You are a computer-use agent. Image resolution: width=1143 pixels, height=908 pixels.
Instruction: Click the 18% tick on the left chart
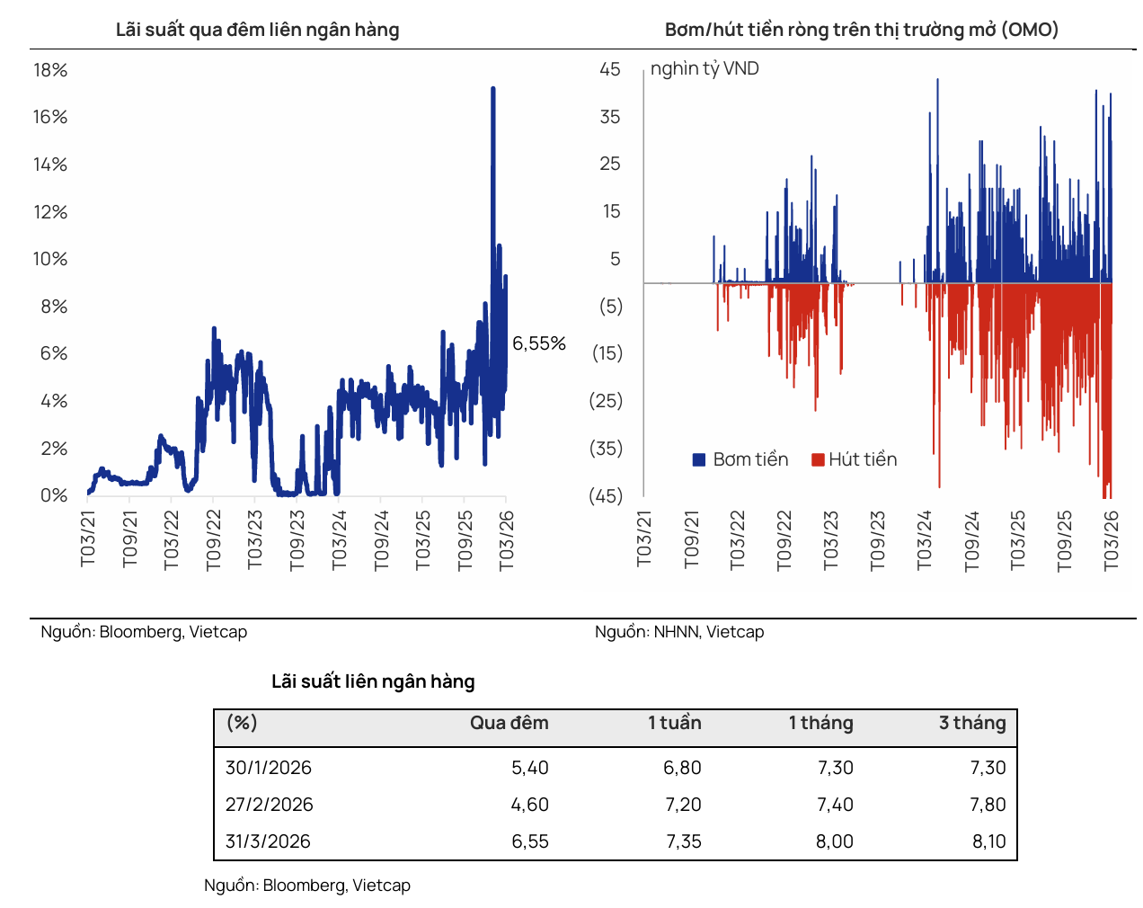point(50,70)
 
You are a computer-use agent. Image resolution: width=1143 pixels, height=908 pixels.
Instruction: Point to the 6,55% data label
point(539,343)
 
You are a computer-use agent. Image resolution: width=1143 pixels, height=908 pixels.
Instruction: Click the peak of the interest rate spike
point(492,88)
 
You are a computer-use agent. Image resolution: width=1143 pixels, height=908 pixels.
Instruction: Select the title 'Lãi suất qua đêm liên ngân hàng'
point(257,30)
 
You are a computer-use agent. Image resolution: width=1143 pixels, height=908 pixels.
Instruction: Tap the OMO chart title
point(861,30)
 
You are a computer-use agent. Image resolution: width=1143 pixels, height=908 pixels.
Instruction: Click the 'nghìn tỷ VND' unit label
point(704,69)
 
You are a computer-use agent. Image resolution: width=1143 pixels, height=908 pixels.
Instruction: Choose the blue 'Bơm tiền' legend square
point(699,459)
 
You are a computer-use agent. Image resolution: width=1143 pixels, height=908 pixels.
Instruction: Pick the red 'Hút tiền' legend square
point(818,459)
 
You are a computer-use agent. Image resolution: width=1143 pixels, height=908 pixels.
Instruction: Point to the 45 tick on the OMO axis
point(610,69)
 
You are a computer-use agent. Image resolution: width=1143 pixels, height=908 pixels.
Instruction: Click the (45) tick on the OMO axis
point(606,496)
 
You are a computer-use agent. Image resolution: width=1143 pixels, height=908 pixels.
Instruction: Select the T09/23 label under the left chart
point(297,539)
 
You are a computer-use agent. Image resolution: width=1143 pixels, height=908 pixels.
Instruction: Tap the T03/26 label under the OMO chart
point(1112,539)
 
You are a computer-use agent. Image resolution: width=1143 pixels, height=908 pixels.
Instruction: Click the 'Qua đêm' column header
point(509,723)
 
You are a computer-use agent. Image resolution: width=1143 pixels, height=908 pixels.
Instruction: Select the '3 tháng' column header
point(972,723)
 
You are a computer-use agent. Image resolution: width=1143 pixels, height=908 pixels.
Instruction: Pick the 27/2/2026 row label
point(269,805)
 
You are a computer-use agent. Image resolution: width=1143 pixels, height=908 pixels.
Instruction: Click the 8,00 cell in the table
point(835,841)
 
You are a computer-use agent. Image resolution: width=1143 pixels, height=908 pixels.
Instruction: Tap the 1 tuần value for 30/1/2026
point(682,768)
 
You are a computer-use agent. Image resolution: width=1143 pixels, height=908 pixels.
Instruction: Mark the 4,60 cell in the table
point(529,805)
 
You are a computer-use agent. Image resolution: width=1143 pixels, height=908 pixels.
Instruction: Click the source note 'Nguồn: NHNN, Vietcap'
point(679,632)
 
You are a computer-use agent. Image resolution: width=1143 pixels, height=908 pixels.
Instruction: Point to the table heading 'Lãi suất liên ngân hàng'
point(373,681)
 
